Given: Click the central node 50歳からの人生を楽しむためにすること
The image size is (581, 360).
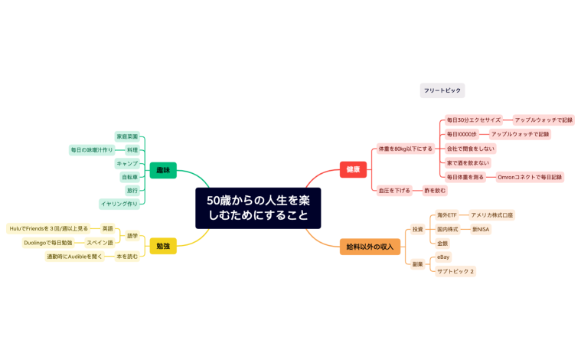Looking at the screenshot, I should click(258, 208).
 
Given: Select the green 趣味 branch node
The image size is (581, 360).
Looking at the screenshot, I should click(162, 170).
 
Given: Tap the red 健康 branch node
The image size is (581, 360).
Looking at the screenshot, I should click(353, 170).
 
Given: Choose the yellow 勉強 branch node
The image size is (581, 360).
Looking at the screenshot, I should click(162, 246).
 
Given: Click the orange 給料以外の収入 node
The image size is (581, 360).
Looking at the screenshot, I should click(370, 246).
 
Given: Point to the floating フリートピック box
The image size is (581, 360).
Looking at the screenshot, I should click(442, 90).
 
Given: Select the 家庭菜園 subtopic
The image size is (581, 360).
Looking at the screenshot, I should click(127, 136).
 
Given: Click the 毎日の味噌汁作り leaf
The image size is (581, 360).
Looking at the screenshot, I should click(92, 150).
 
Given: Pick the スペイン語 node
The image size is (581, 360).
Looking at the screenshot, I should click(100, 243).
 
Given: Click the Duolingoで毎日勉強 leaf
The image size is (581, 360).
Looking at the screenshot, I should click(48, 243).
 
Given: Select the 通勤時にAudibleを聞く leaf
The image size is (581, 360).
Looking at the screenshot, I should click(75, 257).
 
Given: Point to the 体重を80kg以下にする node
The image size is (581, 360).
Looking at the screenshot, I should click(405, 149).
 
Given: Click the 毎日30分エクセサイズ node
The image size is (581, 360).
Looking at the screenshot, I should click(474, 120).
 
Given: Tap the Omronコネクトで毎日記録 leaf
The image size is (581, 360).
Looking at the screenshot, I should click(529, 177).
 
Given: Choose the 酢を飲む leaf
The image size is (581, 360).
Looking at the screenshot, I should click(434, 190).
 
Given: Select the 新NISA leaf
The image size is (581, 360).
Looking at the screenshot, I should click(481, 229).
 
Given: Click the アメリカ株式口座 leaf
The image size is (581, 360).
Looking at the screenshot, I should click(491, 215).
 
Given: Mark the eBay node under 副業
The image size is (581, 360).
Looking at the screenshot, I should click(444, 257).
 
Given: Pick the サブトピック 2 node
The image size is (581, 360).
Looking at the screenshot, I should click(455, 271).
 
